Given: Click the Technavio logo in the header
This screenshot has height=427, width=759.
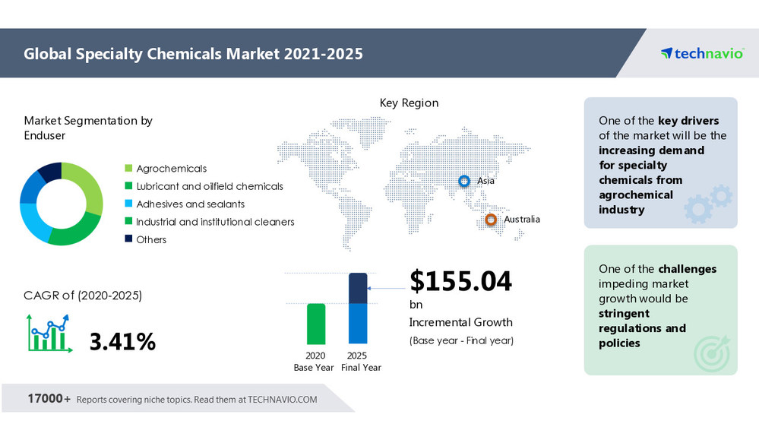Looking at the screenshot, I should [701, 53].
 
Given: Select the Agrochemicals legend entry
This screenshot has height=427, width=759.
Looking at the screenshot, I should [171, 169].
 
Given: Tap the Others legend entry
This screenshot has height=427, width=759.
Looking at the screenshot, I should [151, 239].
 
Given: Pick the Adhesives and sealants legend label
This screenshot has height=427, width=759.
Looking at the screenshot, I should [190, 204].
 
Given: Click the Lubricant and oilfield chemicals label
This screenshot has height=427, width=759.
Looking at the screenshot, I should [209, 186].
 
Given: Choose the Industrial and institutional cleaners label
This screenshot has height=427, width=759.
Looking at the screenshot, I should [215, 222].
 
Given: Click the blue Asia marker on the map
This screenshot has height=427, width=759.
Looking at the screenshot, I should [463, 181].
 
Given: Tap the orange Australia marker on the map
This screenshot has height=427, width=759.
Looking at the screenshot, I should [491, 220].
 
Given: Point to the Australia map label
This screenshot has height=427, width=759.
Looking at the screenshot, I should [522, 220].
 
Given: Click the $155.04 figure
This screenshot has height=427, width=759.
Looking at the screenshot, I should [460, 281].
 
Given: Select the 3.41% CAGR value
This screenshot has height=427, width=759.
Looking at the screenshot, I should [122, 342].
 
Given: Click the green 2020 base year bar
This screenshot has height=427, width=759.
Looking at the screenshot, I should [316, 324].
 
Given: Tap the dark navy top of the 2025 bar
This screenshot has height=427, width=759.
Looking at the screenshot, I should [358, 288].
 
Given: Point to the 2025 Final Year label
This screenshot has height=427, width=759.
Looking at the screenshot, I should [358, 362].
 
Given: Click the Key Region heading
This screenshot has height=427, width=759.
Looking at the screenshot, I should [409, 103].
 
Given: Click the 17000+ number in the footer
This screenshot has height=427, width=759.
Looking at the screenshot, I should [49, 399].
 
